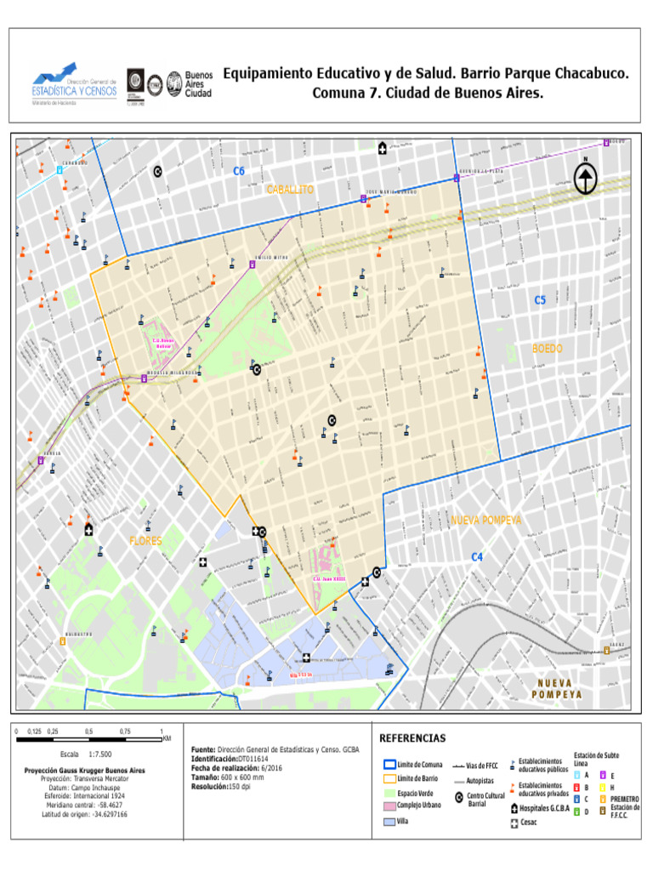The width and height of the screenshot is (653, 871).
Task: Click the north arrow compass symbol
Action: tap(585, 179)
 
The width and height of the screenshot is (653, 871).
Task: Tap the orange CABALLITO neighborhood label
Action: tap(290, 189)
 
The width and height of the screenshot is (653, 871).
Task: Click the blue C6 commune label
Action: tap(239, 171)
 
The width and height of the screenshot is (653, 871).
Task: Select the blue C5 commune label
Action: tap(540, 299)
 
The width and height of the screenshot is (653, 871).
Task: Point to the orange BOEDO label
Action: tap(548, 349)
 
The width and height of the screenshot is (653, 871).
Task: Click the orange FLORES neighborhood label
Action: tap(145, 540)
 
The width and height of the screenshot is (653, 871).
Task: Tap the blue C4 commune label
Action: tap(477, 557)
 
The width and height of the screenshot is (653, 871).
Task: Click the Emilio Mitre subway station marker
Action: tap(253, 265)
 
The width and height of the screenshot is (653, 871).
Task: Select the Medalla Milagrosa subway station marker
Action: tap(144, 379)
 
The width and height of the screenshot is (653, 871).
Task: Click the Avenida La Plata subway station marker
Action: tap(457, 178)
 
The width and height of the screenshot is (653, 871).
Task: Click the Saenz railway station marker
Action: tap(606, 651)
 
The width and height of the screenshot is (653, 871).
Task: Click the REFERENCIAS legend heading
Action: tap(412, 737)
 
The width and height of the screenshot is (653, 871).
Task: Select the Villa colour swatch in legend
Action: tap(389, 823)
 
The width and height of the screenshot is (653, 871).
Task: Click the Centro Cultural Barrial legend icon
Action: tap(459, 797)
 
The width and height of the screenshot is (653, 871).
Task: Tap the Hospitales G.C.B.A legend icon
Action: tap(514, 808)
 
